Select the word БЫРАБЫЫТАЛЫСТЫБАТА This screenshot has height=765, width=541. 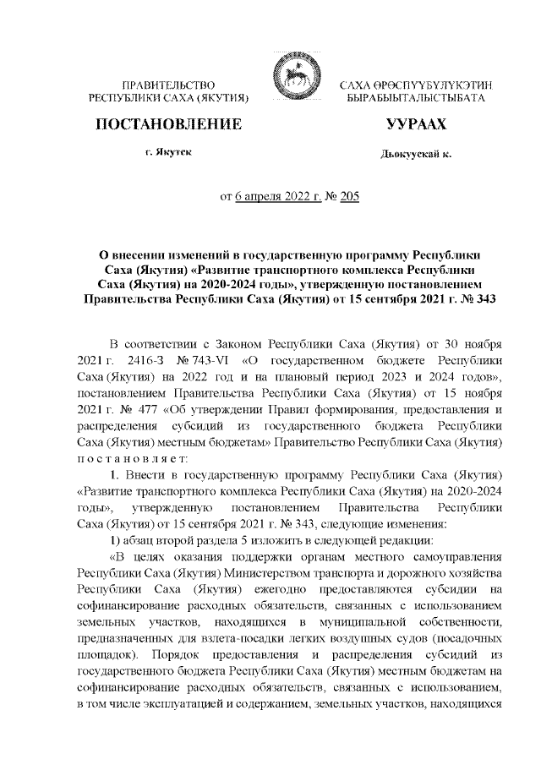(x=416, y=99)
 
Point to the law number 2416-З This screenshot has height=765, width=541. (x=131, y=361)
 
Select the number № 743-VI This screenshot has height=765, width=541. (x=191, y=361)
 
